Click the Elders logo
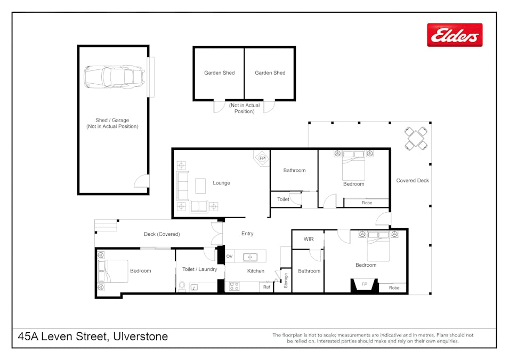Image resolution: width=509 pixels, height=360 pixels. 455,35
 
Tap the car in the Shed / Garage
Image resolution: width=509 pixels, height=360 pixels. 114,77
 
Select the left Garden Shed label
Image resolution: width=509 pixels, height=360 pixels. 220,73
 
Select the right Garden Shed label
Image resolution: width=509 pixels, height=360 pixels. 270,73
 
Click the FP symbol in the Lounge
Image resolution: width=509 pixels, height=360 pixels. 262,158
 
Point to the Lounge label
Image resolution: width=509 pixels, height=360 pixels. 221,183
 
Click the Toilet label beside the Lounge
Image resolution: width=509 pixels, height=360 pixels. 283,199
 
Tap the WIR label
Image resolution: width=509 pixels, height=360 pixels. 309,239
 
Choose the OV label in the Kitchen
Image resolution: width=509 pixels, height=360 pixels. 230,257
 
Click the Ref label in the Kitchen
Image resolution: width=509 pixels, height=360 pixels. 266,287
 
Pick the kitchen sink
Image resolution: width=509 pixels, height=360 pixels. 250,257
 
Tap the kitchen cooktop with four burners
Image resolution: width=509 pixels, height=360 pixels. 234,286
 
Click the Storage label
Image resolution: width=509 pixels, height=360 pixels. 286,281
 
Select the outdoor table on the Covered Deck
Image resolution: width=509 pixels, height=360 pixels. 416,139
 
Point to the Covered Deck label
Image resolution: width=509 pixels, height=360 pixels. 413,180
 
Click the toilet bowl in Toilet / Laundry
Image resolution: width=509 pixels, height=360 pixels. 182,286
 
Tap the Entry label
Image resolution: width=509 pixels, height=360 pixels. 247,233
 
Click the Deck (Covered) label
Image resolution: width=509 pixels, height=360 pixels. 161,234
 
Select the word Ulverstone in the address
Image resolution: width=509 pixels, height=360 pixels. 141,337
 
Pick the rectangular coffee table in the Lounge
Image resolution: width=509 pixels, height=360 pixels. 200,186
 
